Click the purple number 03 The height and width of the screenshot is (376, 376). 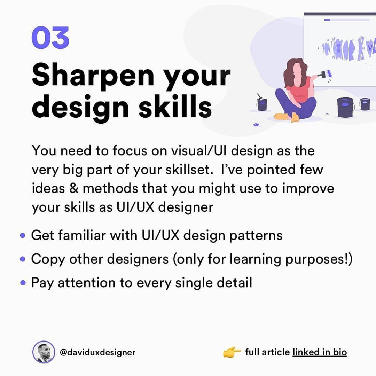(x=50, y=38)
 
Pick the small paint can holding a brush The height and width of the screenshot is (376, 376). (x=262, y=103)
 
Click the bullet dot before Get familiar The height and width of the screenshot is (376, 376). (x=23, y=236)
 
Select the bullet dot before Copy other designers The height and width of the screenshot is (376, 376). (x=23, y=259)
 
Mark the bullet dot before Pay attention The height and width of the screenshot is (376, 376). (x=23, y=283)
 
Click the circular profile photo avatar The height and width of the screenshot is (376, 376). (x=44, y=352)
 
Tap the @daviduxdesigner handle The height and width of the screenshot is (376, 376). (x=97, y=352)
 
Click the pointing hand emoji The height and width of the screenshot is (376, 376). (x=232, y=352)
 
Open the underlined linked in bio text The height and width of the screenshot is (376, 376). (x=320, y=352)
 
